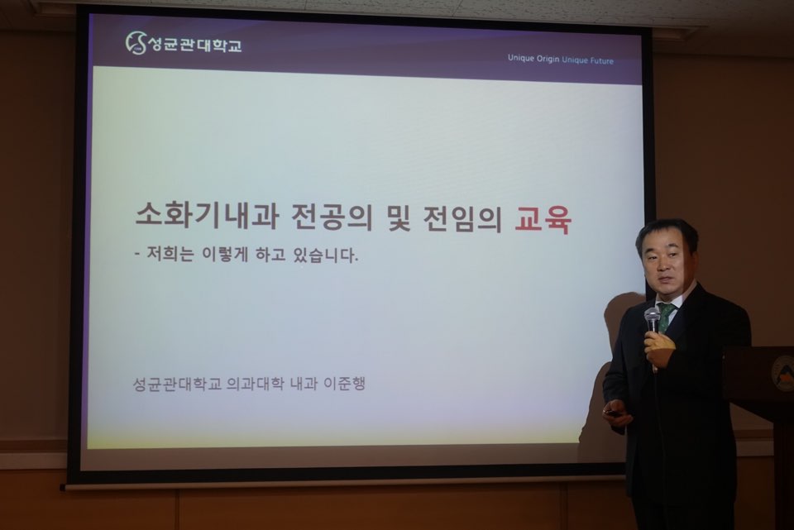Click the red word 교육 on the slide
pyautogui.click(x=543, y=219)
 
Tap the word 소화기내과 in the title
pyautogui.click(x=207, y=215)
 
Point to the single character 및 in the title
pyautogui.click(x=399, y=217)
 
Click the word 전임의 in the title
pyautogui.click(x=462, y=218)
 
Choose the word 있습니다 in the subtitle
pyautogui.click(x=324, y=255)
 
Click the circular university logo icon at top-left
pyautogui.click(x=135, y=42)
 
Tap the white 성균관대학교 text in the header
pyautogui.click(x=194, y=45)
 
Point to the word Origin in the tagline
pyautogui.click(x=547, y=60)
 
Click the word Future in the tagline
pyautogui.click(x=600, y=60)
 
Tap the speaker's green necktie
pyautogui.click(x=665, y=314)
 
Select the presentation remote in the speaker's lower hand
pyautogui.click(x=615, y=413)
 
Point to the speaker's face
pyautogui.click(x=665, y=265)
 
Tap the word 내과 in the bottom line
pyautogui.click(x=304, y=384)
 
